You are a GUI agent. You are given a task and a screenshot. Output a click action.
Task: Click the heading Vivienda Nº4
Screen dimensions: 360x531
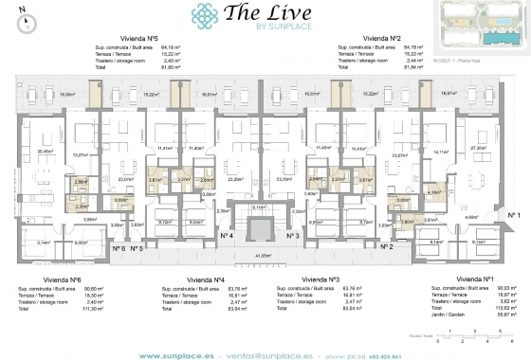pyautogui.click(x=206, y=280)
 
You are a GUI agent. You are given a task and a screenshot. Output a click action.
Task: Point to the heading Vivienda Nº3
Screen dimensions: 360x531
pyautogui.click(x=320, y=280)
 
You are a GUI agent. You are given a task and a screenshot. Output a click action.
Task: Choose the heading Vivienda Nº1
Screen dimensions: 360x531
pyautogui.click(x=471, y=280)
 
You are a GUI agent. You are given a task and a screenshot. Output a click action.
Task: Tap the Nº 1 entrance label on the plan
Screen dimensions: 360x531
pyautogui.click(x=515, y=217)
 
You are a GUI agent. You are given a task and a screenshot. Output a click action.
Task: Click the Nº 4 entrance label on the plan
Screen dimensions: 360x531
pyautogui.click(x=227, y=235)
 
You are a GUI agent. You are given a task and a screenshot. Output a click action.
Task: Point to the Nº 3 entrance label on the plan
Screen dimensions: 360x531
pyautogui.click(x=291, y=235)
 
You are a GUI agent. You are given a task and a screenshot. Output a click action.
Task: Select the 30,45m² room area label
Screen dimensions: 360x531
pyautogui.click(x=44, y=151)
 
